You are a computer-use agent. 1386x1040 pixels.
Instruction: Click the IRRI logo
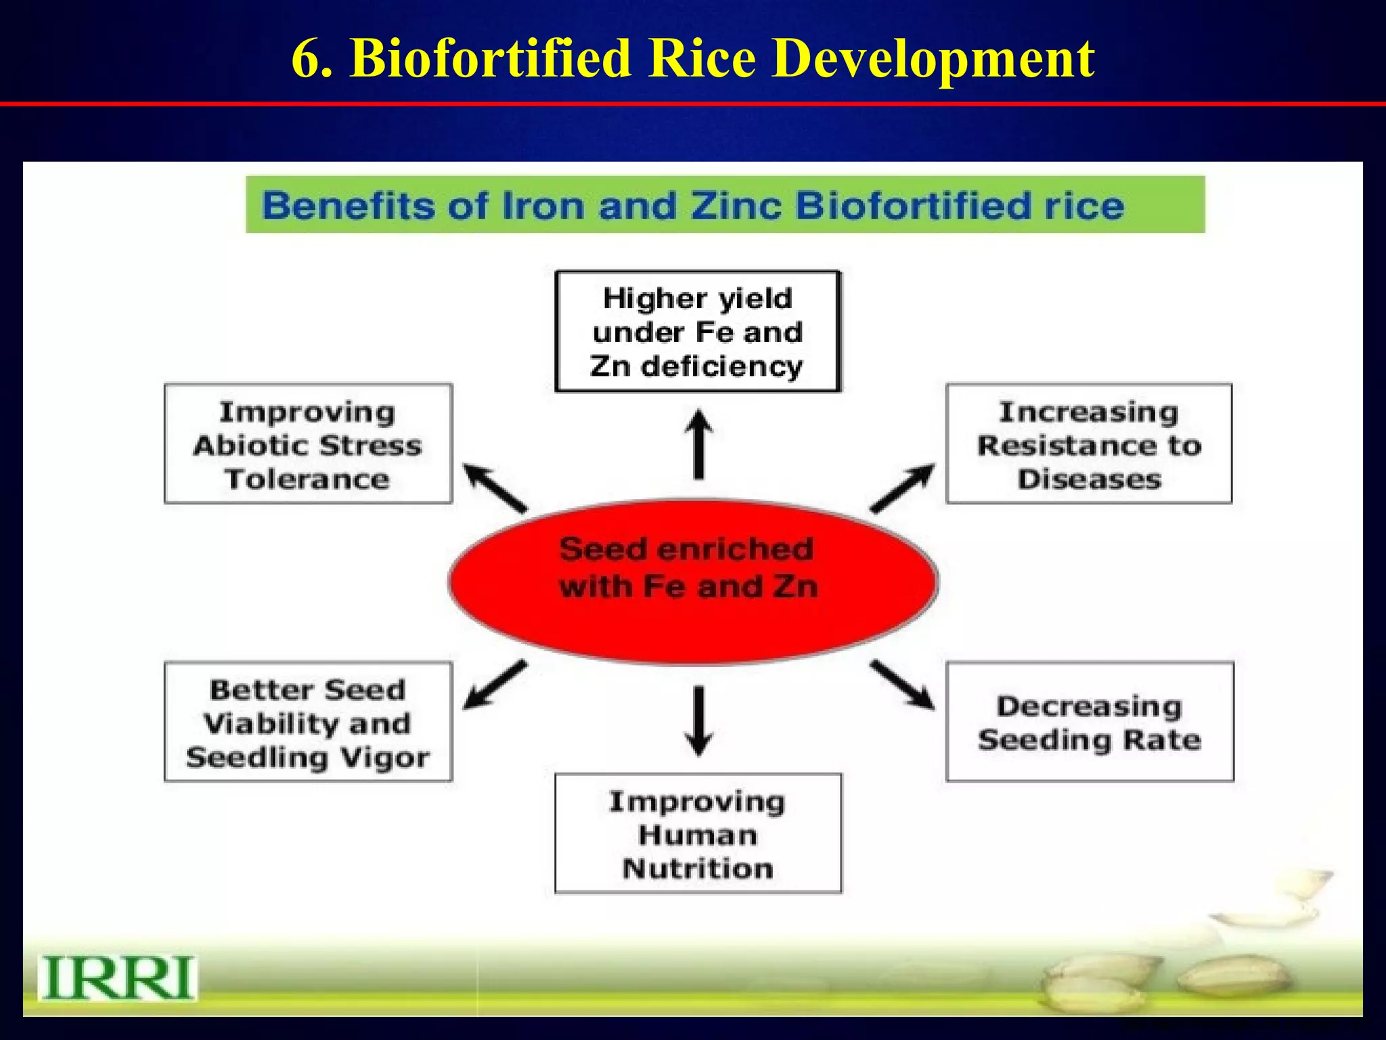tap(118, 978)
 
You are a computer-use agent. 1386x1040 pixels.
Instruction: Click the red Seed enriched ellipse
tap(692, 582)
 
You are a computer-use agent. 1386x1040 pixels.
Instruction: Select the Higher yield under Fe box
tap(698, 332)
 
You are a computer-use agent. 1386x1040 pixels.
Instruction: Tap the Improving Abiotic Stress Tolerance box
tap(308, 444)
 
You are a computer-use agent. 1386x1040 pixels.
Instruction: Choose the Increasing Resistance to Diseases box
tap(1089, 444)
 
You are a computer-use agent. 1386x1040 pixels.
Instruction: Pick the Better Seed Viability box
tap(308, 722)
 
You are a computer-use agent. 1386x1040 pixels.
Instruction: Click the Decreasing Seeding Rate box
tap(1090, 722)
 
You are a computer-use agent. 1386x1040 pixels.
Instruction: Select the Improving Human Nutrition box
tap(698, 833)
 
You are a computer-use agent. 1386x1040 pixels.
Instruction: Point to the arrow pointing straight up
tap(698, 444)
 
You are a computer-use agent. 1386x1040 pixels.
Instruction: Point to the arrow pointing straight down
tap(698, 720)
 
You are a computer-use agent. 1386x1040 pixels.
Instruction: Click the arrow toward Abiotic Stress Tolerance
tap(495, 487)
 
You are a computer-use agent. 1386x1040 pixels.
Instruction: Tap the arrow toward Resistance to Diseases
tap(903, 487)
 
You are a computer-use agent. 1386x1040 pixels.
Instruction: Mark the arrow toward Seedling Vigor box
tap(495, 685)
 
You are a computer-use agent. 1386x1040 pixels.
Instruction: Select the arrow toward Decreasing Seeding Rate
tap(903, 685)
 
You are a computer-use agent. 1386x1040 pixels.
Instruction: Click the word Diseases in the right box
tap(1089, 479)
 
